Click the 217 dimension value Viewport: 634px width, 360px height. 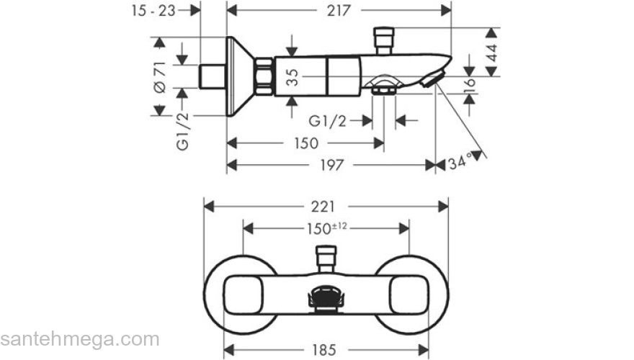click(x=339, y=11)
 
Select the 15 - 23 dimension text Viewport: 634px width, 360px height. click(x=153, y=11)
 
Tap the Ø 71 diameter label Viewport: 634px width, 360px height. click(x=161, y=78)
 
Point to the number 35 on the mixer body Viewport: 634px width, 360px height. click(x=293, y=77)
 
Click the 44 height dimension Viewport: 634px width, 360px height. click(x=491, y=52)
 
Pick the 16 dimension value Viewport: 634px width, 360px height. click(x=470, y=86)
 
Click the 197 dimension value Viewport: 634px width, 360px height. click(x=332, y=165)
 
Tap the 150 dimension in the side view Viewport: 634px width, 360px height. click(x=306, y=143)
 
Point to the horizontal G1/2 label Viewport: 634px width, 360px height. click(x=328, y=121)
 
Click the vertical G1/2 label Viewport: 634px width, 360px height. click(x=183, y=132)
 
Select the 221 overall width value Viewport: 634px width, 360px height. click(x=323, y=207)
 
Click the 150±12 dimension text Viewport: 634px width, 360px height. click(x=326, y=228)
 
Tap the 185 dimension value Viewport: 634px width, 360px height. click(x=324, y=349)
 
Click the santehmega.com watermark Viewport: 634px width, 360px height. click(x=80, y=339)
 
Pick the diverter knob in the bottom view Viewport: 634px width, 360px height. click(x=326, y=259)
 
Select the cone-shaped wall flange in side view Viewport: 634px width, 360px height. click(x=240, y=76)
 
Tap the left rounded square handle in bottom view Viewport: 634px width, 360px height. click(x=243, y=295)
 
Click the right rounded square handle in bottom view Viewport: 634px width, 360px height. click(x=408, y=295)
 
